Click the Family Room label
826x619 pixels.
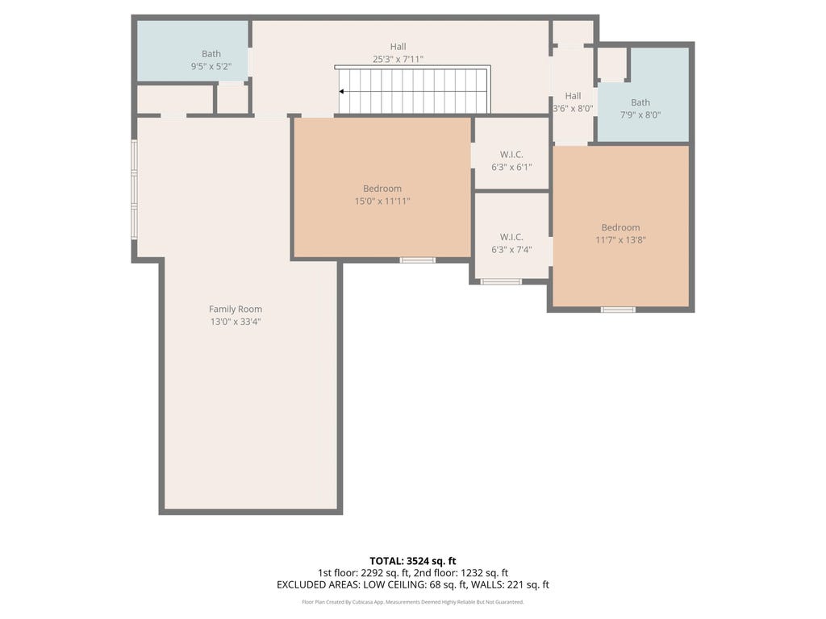coord(236,309)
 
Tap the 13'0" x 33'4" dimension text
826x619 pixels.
coord(236,322)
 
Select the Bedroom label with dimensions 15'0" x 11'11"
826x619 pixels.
coord(382,189)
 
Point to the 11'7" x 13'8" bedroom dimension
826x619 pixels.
coord(620,240)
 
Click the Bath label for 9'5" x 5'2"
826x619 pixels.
coord(211,54)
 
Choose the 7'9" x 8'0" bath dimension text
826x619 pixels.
coord(640,114)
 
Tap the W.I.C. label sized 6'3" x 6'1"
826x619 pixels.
coord(511,155)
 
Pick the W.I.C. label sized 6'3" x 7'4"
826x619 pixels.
coord(511,238)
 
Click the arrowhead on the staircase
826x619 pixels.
coord(341,92)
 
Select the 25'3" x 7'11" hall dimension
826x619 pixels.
coord(398,59)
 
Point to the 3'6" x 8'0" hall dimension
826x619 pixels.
coord(573,109)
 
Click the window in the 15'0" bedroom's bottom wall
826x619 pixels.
coord(417,260)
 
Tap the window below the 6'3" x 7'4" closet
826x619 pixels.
coord(501,281)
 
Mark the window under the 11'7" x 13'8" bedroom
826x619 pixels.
coord(619,309)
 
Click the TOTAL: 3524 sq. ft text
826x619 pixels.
coord(413,561)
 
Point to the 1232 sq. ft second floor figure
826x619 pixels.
coord(484,573)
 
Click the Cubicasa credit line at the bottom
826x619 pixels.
coord(413,601)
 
